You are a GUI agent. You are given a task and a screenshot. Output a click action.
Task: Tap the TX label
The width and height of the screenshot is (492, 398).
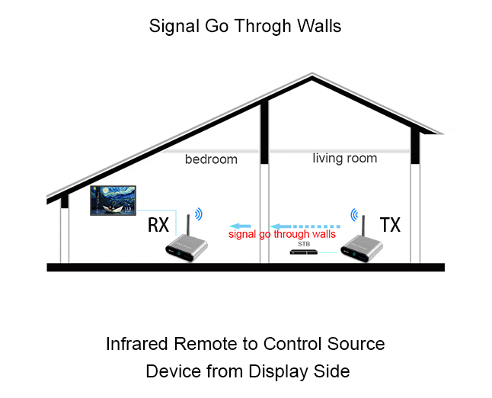(x=390, y=225)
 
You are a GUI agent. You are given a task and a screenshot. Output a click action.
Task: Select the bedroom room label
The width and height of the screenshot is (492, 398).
(x=211, y=159)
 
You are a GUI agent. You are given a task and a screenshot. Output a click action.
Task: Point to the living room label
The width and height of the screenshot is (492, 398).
(x=345, y=158)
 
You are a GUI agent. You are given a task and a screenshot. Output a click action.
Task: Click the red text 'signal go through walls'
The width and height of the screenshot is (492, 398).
(x=282, y=235)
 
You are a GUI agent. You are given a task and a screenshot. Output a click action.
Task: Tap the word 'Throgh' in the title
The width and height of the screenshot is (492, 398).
(x=260, y=27)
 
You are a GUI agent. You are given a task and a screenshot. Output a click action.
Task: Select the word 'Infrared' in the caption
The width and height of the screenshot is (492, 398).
(x=136, y=344)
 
